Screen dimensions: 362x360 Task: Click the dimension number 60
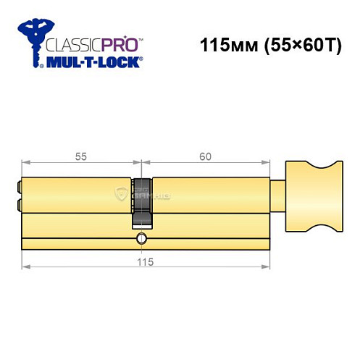[x=205, y=156]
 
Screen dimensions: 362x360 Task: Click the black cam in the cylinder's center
[x=143, y=196]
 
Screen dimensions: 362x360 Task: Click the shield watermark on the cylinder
[x=122, y=193]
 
